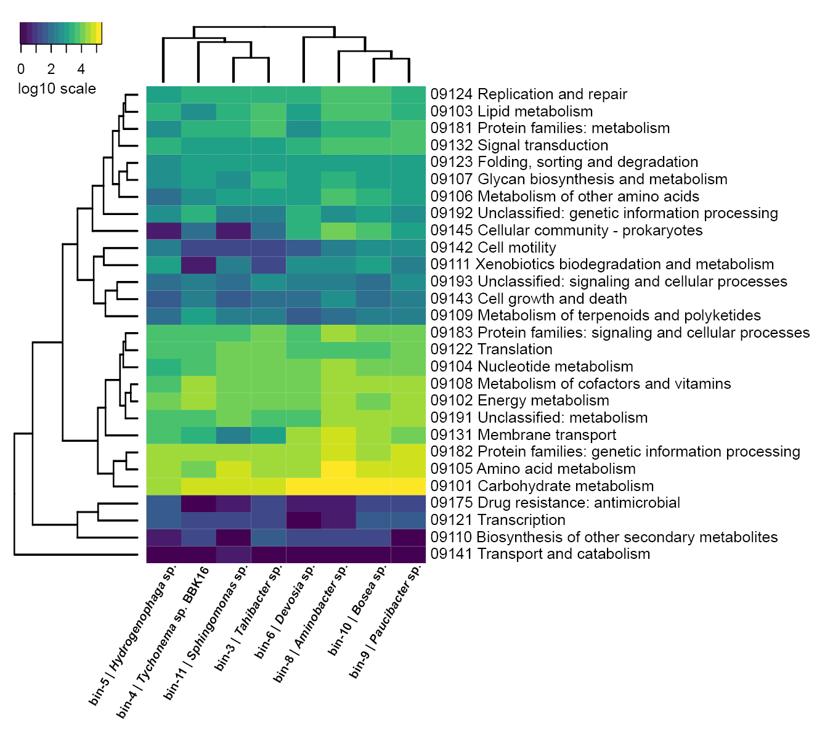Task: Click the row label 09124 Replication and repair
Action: coord(529,94)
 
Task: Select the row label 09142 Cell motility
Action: coord(493,248)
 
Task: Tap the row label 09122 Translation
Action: coord(491,349)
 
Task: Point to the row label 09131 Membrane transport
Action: coord(523,435)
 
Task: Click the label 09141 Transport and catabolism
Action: coord(540,554)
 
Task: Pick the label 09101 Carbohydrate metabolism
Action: coord(542,486)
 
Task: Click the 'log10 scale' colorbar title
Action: coord(57,89)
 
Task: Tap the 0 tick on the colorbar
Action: coord(21,69)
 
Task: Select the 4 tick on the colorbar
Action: coord(81,69)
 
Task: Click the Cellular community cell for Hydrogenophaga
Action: coord(163,230)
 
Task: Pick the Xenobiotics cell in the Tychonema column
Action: coord(198,265)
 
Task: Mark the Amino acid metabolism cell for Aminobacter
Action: coord(338,469)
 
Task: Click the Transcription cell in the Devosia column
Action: coord(303,520)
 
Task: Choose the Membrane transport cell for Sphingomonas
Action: coord(234,435)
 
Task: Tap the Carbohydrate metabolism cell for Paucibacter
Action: coord(408,486)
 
